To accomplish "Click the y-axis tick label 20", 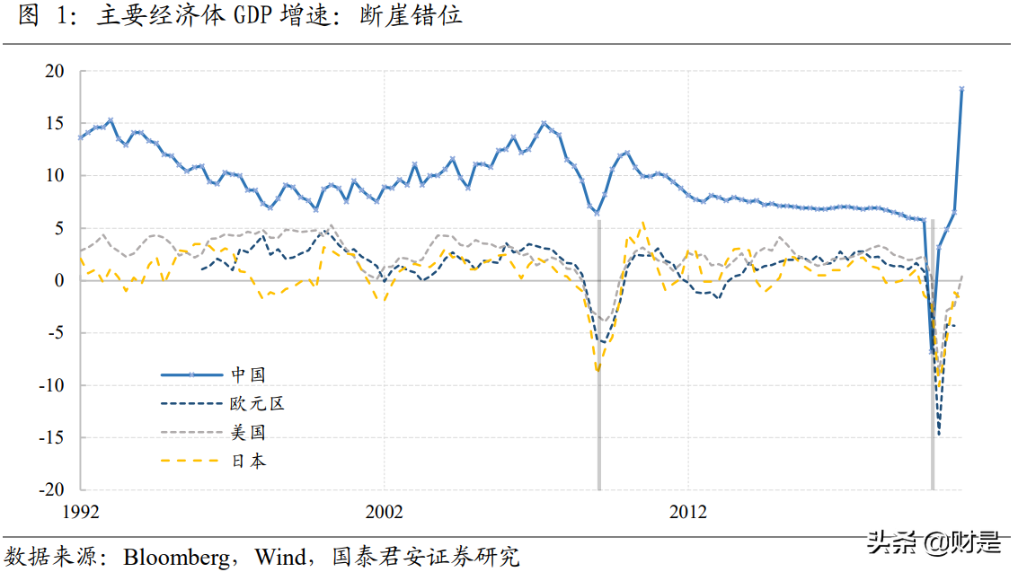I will click(57, 71).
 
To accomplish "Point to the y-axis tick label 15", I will click(57, 123).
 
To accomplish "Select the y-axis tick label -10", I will click(53, 386).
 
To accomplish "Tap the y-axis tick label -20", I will click(53, 490).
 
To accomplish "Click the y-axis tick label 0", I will click(61, 281).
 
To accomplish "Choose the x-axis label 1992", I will click(81, 513).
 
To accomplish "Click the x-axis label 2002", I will click(384, 513).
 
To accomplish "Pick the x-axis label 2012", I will click(687, 513).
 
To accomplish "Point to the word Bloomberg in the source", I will click(176, 557).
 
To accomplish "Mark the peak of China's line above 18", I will click(962, 89).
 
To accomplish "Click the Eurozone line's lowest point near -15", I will click(939, 435).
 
